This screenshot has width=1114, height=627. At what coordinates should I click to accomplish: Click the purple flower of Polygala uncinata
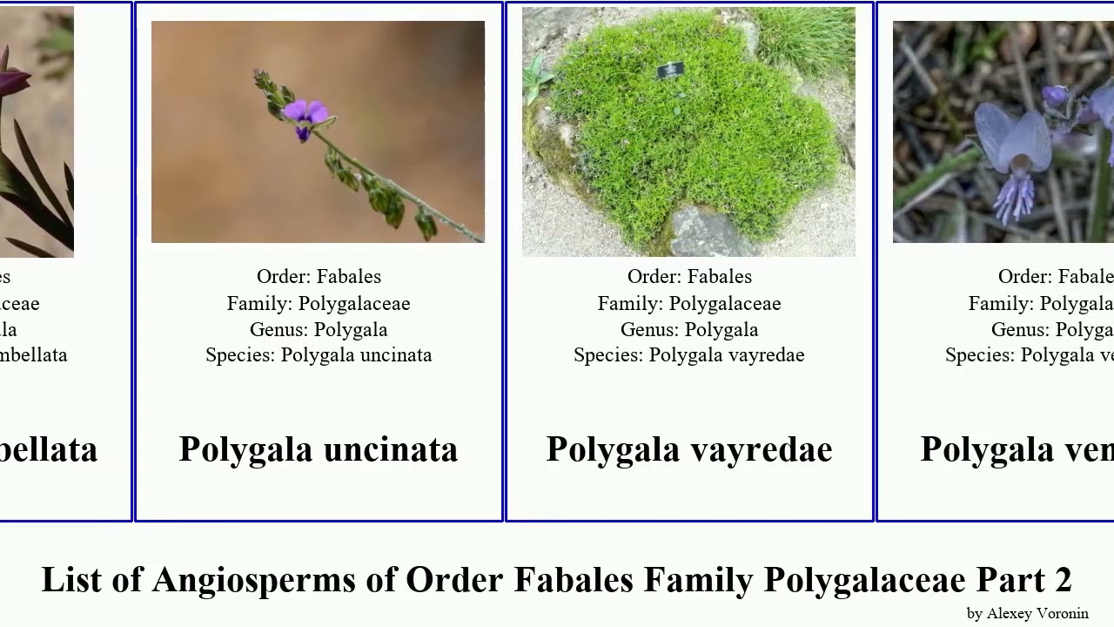(x=305, y=115)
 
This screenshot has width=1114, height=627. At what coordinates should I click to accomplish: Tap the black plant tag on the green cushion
(x=670, y=70)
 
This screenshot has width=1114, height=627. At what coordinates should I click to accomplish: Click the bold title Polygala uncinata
(x=319, y=449)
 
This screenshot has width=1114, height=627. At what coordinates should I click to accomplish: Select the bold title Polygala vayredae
(x=689, y=449)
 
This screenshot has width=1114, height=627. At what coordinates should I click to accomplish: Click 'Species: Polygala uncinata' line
(x=319, y=355)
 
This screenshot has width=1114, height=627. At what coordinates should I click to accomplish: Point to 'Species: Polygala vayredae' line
(x=689, y=355)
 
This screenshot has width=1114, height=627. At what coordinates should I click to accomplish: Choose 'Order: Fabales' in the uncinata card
(x=319, y=277)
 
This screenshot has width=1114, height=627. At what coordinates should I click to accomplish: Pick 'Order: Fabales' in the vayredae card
(x=689, y=277)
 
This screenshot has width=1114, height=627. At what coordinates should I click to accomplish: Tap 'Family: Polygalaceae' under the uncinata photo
(x=319, y=304)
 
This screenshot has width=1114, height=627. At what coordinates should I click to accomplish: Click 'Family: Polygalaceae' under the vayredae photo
(x=689, y=304)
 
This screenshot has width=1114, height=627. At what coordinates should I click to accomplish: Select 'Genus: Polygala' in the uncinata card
(x=319, y=330)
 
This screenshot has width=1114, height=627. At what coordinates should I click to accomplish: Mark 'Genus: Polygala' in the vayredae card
(x=689, y=330)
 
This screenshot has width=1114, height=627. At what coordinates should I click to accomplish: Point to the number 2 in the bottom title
(x=1063, y=580)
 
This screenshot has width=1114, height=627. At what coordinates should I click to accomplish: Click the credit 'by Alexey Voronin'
(x=1027, y=614)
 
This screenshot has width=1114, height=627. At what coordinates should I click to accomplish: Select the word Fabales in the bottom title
(x=574, y=580)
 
